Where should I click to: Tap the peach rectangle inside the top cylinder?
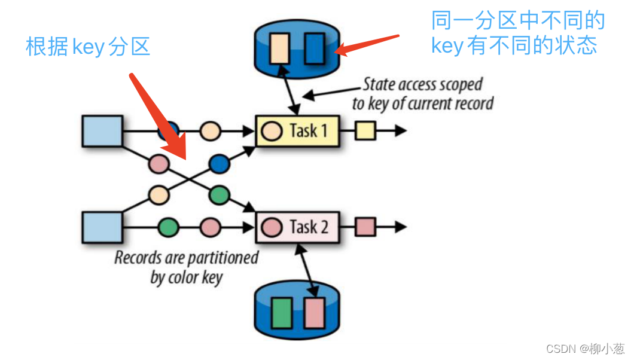pyautogui.click(x=280, y=49)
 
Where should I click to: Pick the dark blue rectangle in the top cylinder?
pyautogui.click(x=315, y=49)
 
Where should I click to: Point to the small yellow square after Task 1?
pyautogui.click(x=365, y=130)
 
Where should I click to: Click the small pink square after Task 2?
pyautogui.click(x=365, y=227)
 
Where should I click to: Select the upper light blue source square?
pyautogui.click(x=102, y=131)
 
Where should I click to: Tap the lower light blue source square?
pyautogui.click(x=102, y=227)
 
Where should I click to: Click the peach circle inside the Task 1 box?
pyautogui.click(x=272, y=131)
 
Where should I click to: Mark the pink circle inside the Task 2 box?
pyautogui.click(x=272, y=227)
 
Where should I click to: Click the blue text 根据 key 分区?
pyautogui.click(x=88, y=46)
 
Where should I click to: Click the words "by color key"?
pyautogui.click(x=186, y=277)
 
